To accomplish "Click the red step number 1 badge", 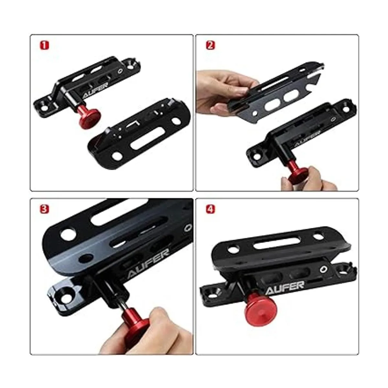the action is [44, 46].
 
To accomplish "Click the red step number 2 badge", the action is [210, 45].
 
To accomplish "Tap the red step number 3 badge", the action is [44, 209].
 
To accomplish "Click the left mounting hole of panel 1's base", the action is [45, 107].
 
